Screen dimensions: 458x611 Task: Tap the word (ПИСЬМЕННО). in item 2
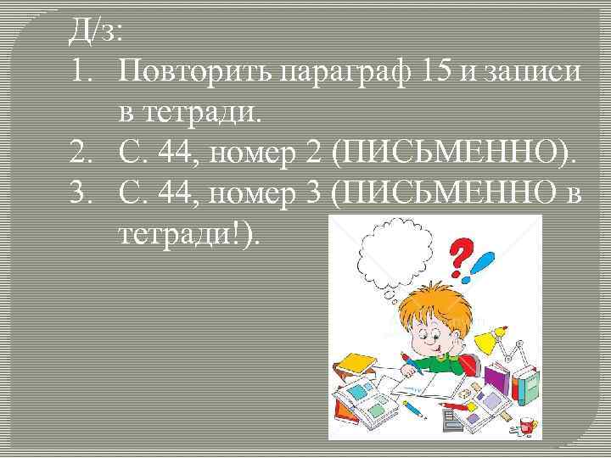(453, 153)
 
